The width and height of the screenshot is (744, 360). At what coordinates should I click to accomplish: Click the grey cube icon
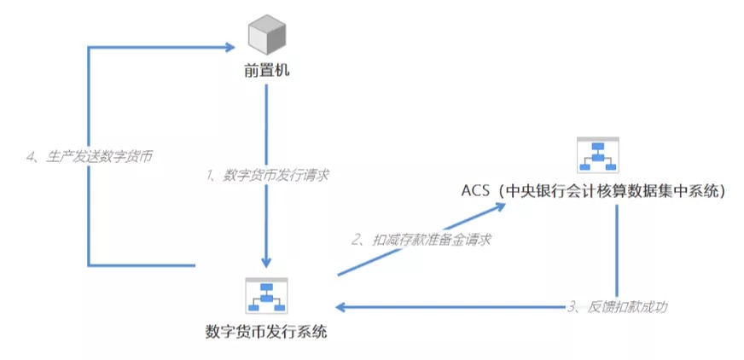pyautogui.click(x=267, y=35)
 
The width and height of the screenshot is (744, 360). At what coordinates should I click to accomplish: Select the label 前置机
pyautogui.click(x=267, y=72)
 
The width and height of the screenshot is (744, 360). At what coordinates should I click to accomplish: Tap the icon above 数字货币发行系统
pyautogui.click(x=267, y=295)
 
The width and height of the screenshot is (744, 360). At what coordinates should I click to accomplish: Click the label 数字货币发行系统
pyautogui.click(x=267, y=331)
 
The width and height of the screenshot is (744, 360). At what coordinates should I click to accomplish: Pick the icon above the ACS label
pyautogui.click(x=597, y=154)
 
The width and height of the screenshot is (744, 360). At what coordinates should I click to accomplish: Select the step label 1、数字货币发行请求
pyautogui.click(x=267, y=175)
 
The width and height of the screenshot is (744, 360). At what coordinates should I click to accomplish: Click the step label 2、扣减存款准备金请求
pyautogui.click(x=421, y=240)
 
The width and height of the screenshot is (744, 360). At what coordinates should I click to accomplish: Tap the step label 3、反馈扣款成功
pyautogui.click(x=618, y=307)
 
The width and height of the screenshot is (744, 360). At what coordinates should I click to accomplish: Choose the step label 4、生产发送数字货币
pyautogui.click(x=90, y=156)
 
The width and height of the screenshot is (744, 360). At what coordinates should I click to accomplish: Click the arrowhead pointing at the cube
pyautogui.click(x=230, y=47)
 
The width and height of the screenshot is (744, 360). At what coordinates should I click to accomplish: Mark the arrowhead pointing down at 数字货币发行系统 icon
pyautogui.click(x=266, y=262)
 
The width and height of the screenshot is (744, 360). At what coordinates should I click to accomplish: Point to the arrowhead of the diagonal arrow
pyautogui.click(x=500, y=206)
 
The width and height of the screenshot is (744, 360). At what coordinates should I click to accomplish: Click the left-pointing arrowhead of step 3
pyautogui.click(x=341, y=307)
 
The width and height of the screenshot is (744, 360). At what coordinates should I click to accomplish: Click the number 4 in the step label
pyautogui.click(x=30, y=156)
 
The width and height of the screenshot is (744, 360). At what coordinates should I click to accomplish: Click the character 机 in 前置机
pyautogui.click(x=282, y=72)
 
